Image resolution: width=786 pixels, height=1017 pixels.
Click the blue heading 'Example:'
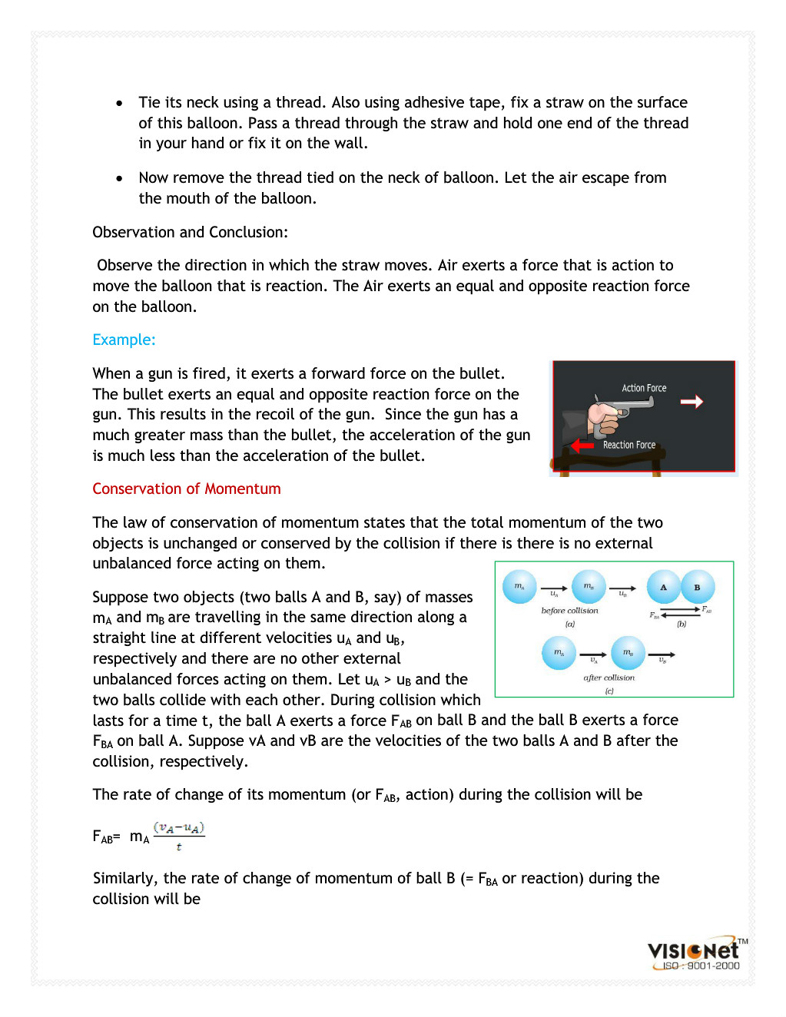tap(124, 340)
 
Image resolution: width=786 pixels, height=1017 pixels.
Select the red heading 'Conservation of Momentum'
tap(187, 489)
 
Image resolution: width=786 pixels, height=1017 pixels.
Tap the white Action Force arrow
tap(691, 401)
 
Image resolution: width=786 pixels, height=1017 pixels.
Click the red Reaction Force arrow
tap(582, 445)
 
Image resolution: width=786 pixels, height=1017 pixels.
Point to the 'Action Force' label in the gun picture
tap(644, 388)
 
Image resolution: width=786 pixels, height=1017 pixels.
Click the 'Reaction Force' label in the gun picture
tap(629, 445)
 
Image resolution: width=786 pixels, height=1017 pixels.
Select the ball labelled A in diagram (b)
tap(663, 587)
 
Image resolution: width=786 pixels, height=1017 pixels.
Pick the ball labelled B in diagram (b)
tap(698, 587)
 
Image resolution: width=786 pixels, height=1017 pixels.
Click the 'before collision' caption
tap(569, 611)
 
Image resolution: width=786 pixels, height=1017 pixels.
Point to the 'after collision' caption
tap(609, 677)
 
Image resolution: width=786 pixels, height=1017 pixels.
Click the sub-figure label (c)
tap(609, 691)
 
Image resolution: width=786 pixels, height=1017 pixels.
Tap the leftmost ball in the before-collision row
tap(519, 586)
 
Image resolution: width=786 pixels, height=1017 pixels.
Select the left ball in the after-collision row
tap(559, 653)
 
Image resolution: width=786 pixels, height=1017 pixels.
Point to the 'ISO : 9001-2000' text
tap(701, 966)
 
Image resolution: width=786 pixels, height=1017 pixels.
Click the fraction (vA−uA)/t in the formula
tap(179, 836)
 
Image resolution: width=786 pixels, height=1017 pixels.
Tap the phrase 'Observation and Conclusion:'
tap(191, 232)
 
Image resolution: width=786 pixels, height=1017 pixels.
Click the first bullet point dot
tap(119, 103)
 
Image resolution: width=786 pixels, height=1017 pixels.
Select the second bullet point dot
tap(119, 178)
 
